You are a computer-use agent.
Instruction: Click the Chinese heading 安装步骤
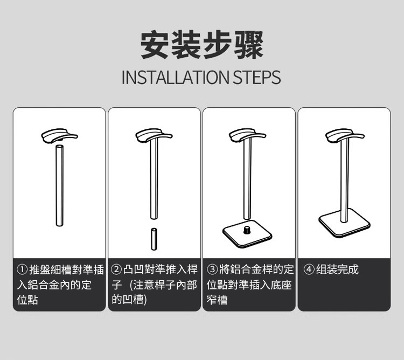(202, 45)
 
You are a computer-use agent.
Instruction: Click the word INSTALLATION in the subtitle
(175, 77)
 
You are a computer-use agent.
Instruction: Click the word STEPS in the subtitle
(256, 77)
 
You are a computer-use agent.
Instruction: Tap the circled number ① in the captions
(22, 269)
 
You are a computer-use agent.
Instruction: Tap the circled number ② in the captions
(116, 269)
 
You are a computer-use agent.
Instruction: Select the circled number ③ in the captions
(212, 269)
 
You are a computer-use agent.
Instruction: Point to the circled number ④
(309, 269)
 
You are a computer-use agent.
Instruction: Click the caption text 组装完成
(337, 269)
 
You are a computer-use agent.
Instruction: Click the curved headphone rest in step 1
(59, 136)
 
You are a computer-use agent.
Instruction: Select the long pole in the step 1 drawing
(59, 185)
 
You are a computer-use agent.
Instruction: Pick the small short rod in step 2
(154, 239)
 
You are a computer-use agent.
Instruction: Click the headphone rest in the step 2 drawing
(154, 136)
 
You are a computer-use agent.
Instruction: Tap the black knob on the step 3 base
(247, 230)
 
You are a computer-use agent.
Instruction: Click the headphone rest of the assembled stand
(345, 136)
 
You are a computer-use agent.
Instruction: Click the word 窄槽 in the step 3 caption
(217, 300)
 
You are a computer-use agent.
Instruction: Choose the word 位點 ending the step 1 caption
(27, 300)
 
